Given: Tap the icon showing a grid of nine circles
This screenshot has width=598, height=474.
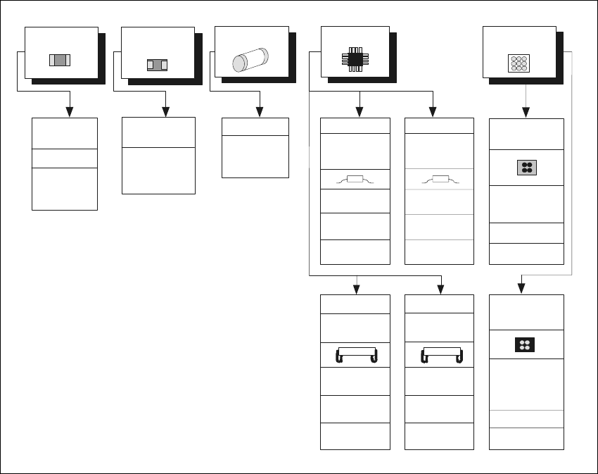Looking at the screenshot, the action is pos(518,63).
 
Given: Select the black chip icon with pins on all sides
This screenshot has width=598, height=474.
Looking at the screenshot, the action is pos(355,59).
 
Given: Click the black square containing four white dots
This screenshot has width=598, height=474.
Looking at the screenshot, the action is pos(524,344).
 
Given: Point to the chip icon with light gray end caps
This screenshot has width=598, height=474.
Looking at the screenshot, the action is pos(61,60).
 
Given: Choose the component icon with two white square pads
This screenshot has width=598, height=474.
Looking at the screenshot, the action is pos(157,65).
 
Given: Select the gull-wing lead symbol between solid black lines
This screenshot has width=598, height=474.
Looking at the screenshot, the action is pos(355,180).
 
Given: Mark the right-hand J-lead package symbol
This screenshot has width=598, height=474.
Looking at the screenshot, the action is pos(440,354).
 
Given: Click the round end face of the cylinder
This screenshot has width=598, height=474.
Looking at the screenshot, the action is pos(239,65).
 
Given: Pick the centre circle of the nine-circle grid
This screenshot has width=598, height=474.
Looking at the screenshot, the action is pos(518,63).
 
